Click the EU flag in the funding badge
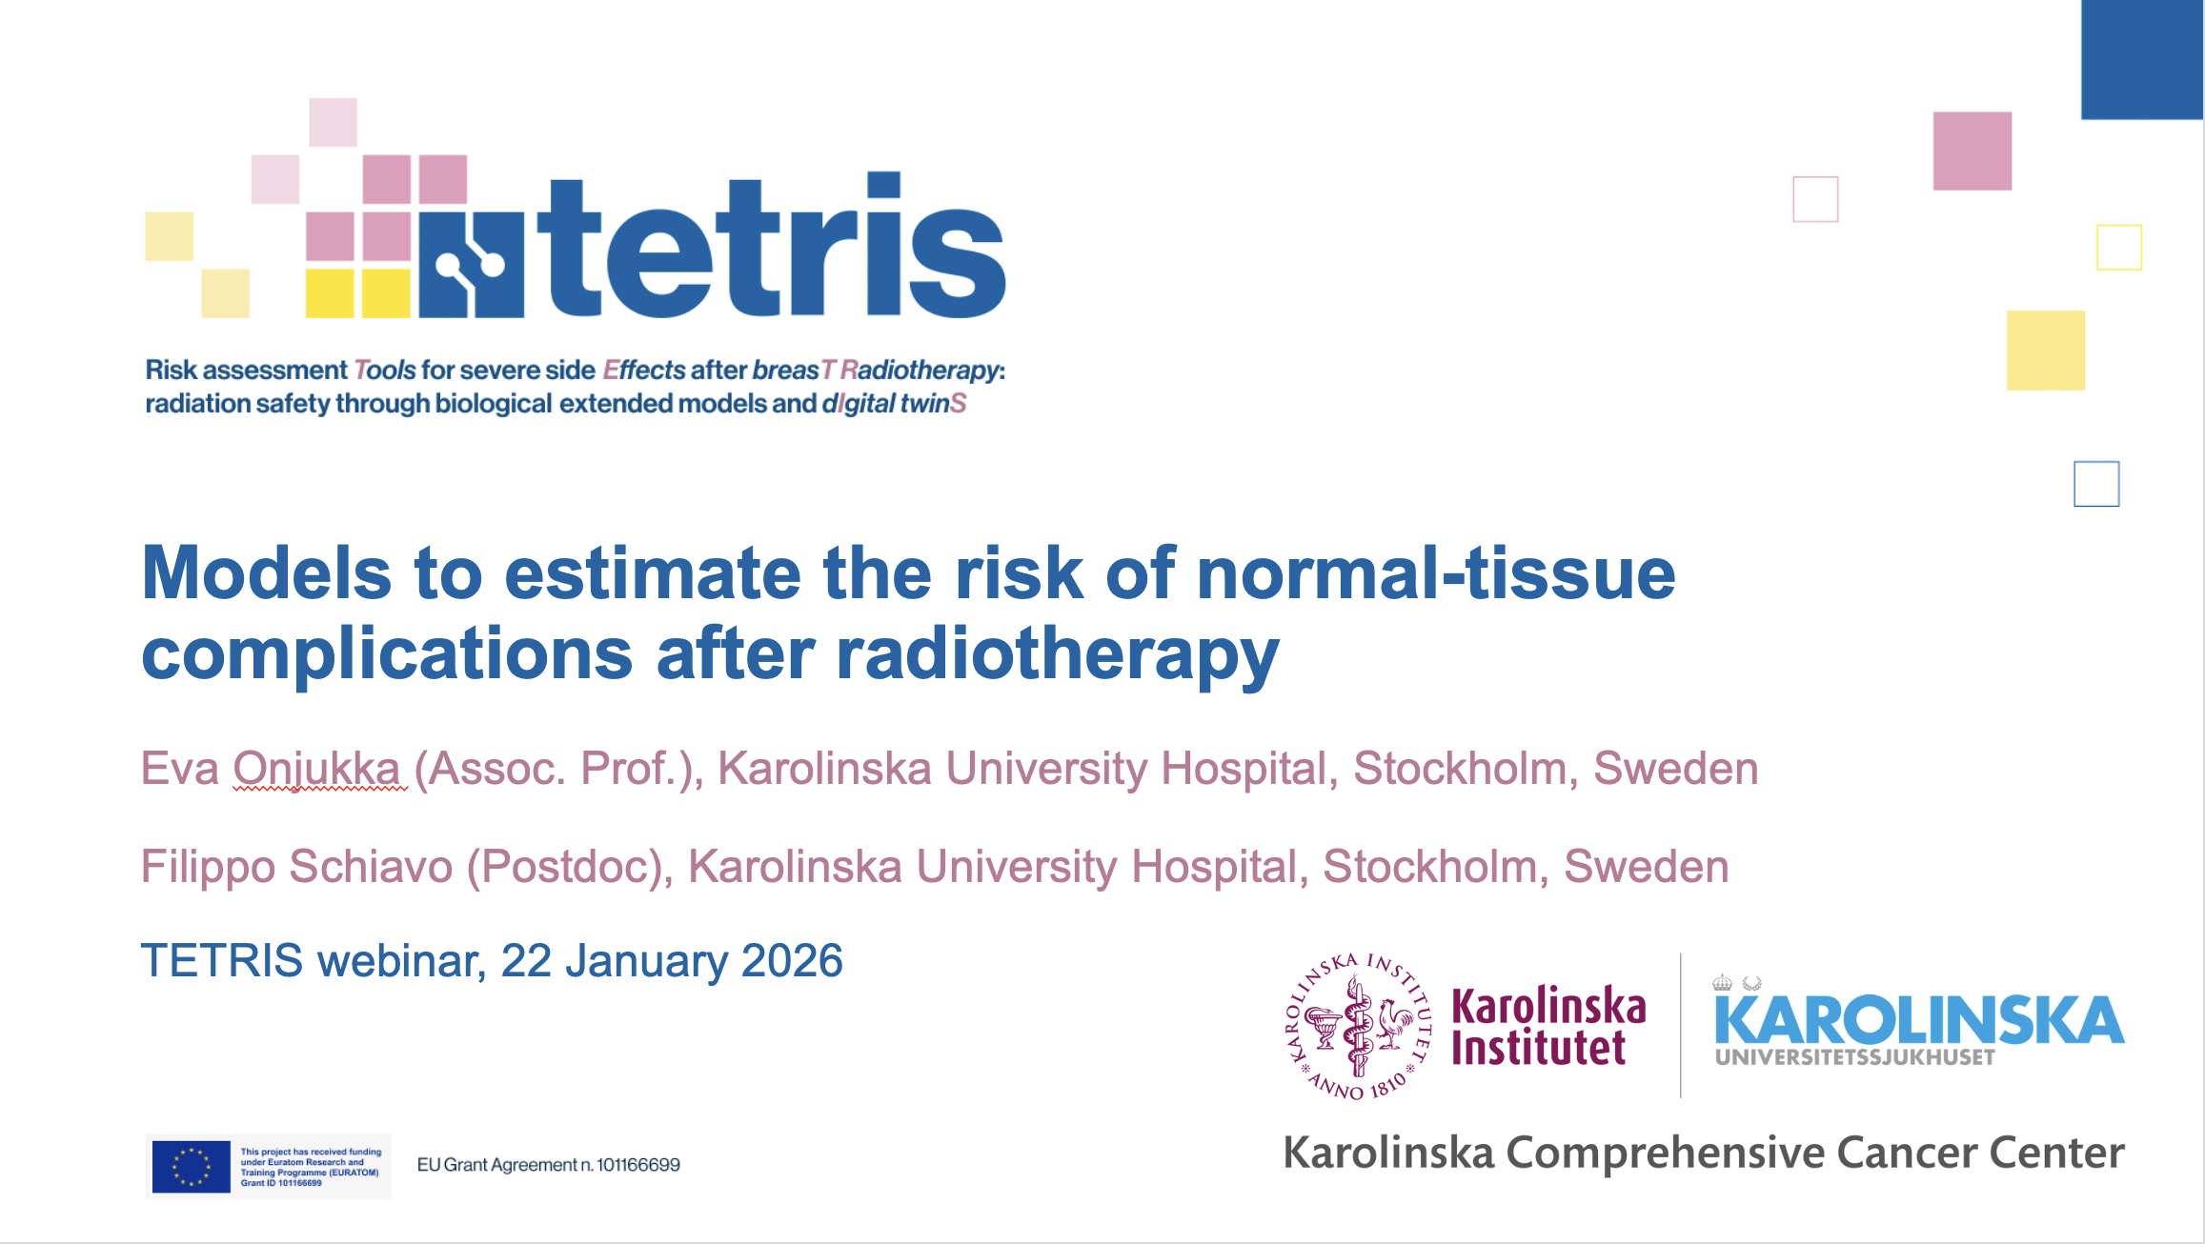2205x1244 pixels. click(x=191, y=1166)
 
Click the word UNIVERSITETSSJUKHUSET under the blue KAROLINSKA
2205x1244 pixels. click(x=1854, y=1057)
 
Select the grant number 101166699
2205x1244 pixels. click(x=638, y=1165)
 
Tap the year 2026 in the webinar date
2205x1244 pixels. click(x=792, y=960)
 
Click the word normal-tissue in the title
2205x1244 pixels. click(x=1435, y=573)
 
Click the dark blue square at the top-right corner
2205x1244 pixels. click(x=2141, y=59)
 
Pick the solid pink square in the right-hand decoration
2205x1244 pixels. click(x=1972, y=150)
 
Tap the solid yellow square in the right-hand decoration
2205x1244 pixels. click(x=2046, y=350)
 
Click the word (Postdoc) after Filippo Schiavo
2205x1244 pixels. click(x=569, y=867)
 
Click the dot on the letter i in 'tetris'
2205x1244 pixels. click(x=883, y=185)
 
